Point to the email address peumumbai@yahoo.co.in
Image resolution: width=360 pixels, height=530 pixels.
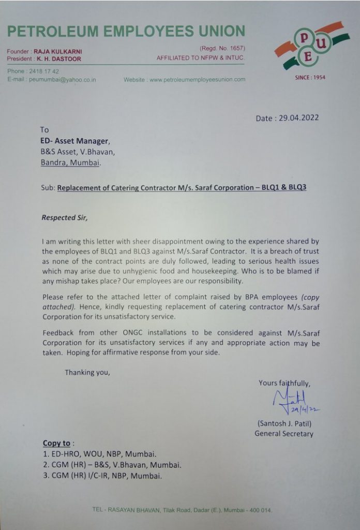pos(62,80)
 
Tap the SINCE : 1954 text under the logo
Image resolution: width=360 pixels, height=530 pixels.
pos(310,78)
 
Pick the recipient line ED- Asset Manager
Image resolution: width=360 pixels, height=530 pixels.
pos(75,140)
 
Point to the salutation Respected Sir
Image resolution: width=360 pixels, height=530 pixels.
pos(65,218)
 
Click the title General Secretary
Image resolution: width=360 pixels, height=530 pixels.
pos(283,434)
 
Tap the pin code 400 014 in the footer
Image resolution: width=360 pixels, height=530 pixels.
pos(258,510)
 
